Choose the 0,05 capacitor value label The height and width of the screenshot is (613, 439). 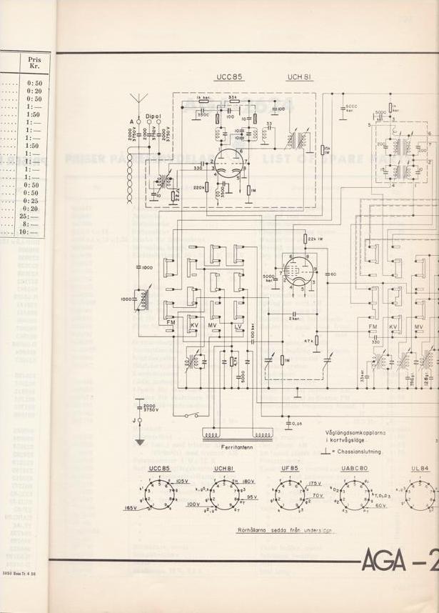point(297,424)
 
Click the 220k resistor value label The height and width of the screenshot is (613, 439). point(201,189)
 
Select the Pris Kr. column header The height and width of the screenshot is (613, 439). point(34,65)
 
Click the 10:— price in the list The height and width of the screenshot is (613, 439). point(31,231)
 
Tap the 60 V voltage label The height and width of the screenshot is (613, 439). point(380,505)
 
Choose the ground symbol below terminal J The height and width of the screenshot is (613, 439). point(140,440)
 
